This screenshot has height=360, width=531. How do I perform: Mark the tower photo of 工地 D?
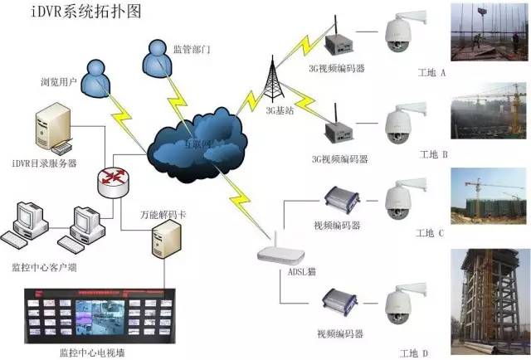[490, 299]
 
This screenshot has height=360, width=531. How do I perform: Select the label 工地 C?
[432, 233]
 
